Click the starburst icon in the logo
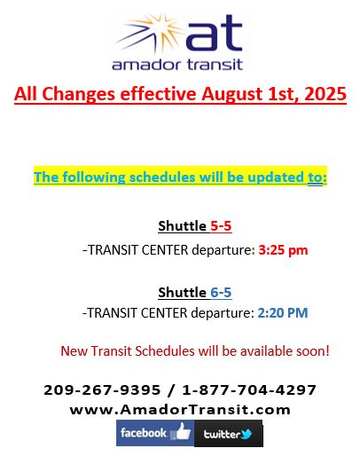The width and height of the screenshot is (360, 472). pos(151,33)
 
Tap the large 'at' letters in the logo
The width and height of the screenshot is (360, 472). pos(214,33)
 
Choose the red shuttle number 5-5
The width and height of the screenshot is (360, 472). pos(221,225)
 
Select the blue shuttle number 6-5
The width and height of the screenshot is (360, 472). pos(221,292)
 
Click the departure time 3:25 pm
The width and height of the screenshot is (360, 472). pos(283,250)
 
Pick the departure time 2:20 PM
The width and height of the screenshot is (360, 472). pos(283,313)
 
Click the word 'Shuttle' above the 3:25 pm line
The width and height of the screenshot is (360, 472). pos(182,225)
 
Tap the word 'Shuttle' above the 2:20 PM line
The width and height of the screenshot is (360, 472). pos(182,292)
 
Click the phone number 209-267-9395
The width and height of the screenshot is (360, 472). pos(102,389)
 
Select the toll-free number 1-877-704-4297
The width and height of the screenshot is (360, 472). pos(249,389)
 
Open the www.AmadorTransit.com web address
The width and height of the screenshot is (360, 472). pos(180,410)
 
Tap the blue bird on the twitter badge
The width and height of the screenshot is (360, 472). pos(247,434)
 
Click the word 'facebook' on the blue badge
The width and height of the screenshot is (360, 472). pos(144,433)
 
